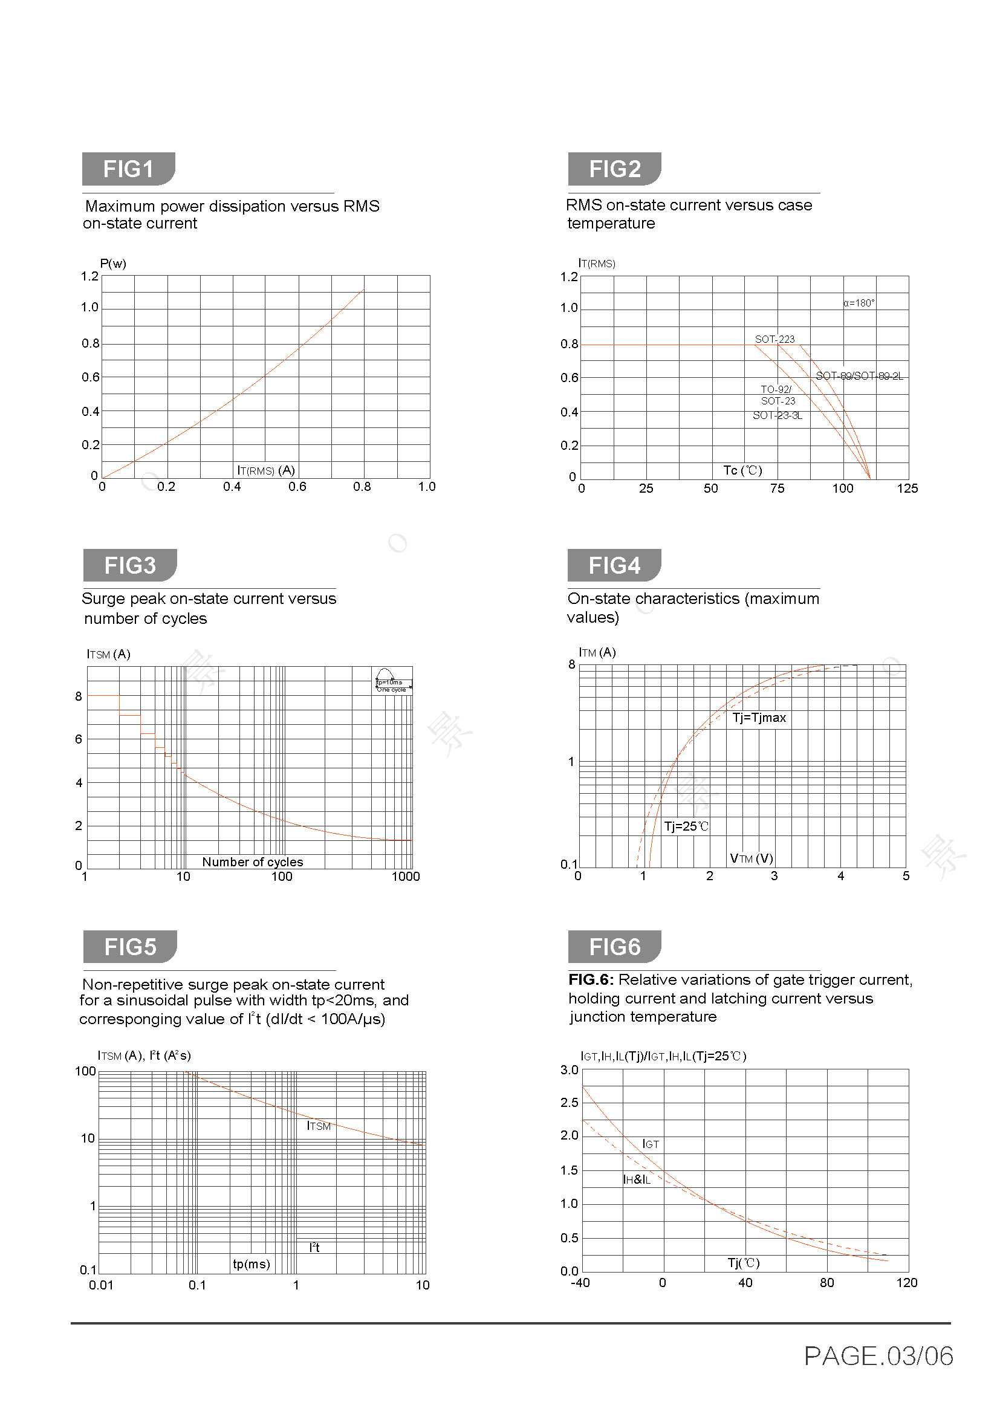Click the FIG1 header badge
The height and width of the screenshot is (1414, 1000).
pyautogui.click(x=128, y=169)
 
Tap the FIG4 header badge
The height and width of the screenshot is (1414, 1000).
pyautogui.click(x=614, y=565)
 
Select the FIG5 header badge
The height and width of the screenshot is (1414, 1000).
pyautogui.click(x=130, y=947)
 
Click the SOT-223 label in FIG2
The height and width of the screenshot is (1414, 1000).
pyautogui.click(x=774, y=339)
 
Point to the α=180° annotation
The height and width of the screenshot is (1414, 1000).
pyautogui.click(x=859, y=303)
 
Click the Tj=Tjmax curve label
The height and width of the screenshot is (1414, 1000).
pyautogui.click(x=759, y=718)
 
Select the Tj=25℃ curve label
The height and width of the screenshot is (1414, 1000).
pyautogui.click(x=686, y=826)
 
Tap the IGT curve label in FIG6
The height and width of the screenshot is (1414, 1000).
pyautogui.click(x=651, y=1144)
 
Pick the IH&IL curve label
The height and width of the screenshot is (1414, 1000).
pyautogui.click(x=637, y=1180)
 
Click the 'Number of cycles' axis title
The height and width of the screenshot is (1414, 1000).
pyautogui.click(x=253, y=862)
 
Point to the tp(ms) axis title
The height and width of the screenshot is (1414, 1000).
pyautogui.click(x=252, y=1264)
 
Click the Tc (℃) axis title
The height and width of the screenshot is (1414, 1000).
pyautogui.click(x=742, y=470)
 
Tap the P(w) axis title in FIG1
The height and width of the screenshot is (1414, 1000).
pyautogui.click(x=112, y=264)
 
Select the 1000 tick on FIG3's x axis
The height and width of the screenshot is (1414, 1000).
pyautogui.click(x=405, y=877)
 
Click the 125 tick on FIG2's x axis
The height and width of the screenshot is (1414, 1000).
pyautogui.click(x=907, y=488)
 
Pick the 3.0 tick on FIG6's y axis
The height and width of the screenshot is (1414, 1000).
pyautogui.click(x=570, y=1071)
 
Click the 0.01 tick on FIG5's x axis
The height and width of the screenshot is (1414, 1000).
pyautogui.click(x=101, y=1285)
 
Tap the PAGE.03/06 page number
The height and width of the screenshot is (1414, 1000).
pyautogui.click(x=878, y=1356)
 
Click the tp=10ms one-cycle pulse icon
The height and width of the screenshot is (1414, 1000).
pyautogui.click(x=392, y=682)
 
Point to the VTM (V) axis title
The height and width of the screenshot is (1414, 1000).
pyautogui.click(x=752, y=858)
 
